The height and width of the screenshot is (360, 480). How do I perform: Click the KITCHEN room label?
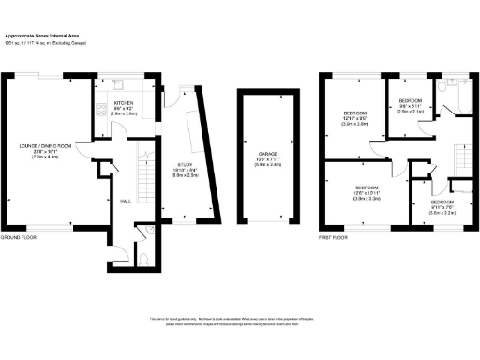click(124, 102)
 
